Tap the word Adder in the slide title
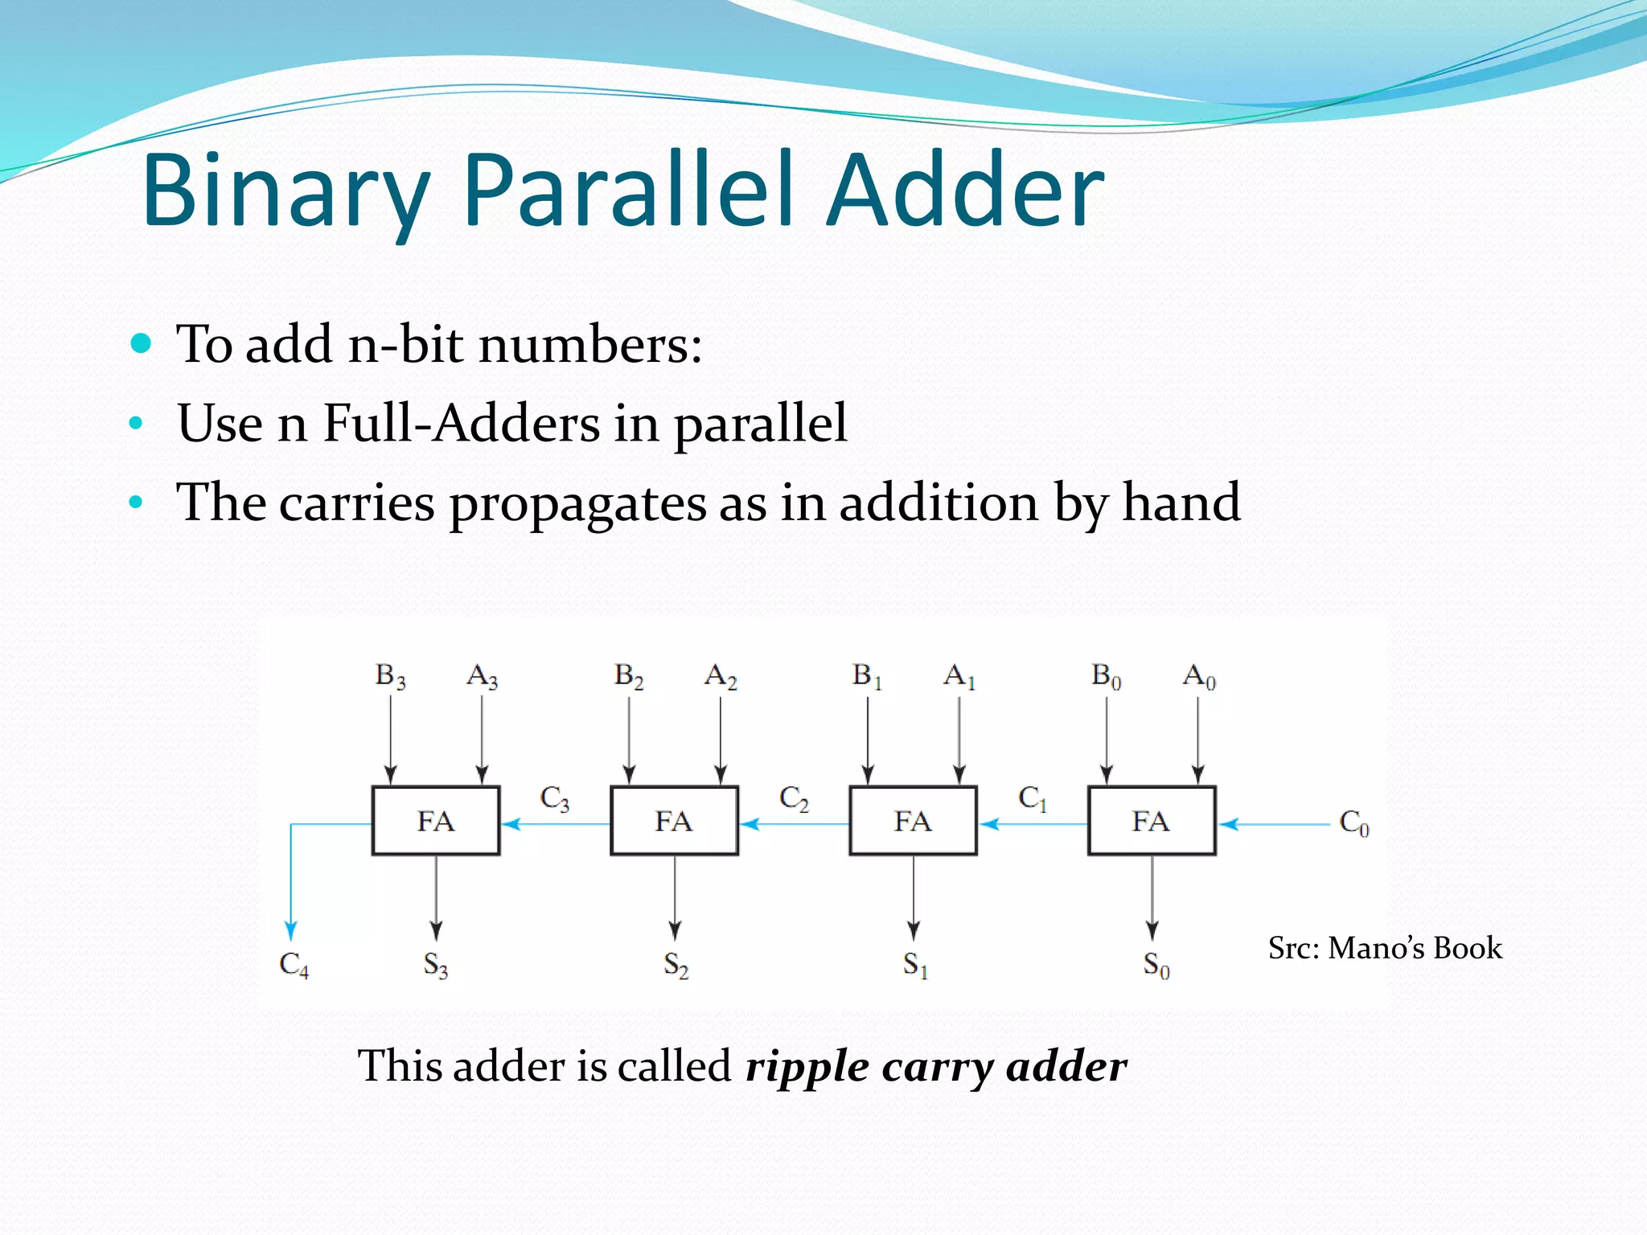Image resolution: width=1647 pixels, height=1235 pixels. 965,191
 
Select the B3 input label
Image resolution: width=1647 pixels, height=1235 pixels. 391,676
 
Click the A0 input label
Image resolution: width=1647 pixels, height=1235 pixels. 1199,676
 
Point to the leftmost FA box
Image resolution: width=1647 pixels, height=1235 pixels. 436,821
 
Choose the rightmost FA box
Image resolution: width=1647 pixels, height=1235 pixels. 1152,821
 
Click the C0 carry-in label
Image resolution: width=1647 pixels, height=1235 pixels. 1353,823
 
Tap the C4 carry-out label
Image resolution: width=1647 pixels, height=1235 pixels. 294,964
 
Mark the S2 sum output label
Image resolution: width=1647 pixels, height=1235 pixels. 676,964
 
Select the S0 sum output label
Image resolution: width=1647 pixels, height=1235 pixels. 1156,964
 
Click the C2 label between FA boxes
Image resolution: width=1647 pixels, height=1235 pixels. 794,798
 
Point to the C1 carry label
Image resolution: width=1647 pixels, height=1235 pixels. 1033,798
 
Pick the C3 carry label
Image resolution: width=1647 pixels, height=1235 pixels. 555,798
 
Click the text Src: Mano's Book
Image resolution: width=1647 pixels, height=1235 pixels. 1385,948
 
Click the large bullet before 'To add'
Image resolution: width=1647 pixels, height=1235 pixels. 141,344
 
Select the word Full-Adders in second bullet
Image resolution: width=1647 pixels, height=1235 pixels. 462,424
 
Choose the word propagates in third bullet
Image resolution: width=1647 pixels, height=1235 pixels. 577,504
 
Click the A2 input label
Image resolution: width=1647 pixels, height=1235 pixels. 721,676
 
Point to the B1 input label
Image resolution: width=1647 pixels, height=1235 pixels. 867,676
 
